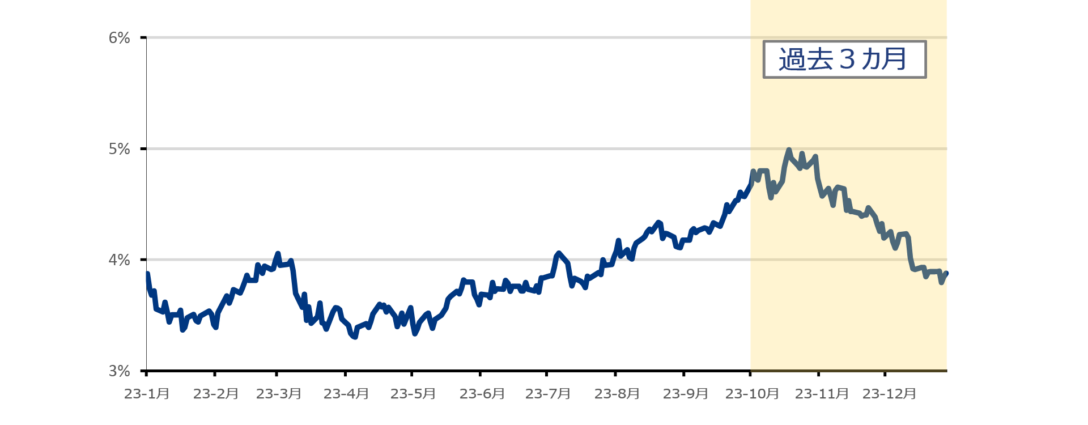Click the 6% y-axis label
(x=120, y=38)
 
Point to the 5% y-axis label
(x=120, y=149)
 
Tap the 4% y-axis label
(x=120, y=260)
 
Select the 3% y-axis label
(x=120, y=371)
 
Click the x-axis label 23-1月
(x=147, y=394)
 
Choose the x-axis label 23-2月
(x=215, y=394)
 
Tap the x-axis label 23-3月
(x=278, y=394)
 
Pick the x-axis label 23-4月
(x=346, y=394)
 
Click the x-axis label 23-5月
(x=413, y=394)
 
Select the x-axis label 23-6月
(x=482, y=394)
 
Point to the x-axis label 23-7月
(x=547, y=394)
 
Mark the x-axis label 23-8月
(x=617, y=394)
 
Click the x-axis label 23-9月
(x=685, y=394)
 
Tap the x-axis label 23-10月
(x=752, y=394)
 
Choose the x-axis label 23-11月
(x=822, y=394)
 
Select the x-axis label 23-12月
(x=889, y=394)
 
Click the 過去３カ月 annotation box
(x=844, y=59)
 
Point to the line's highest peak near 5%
(x=789, y=150)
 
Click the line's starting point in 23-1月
(x=147, y=274)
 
